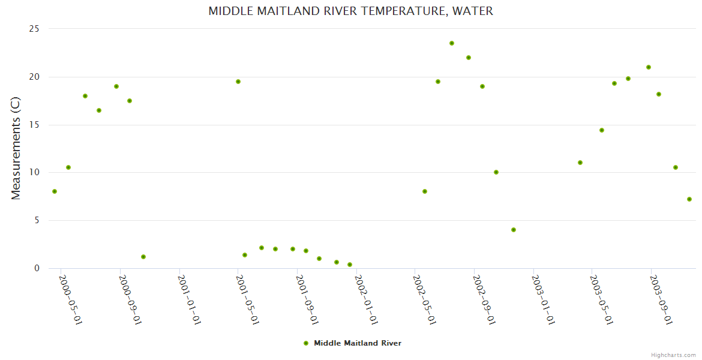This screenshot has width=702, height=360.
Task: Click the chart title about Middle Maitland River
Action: pos(350,11)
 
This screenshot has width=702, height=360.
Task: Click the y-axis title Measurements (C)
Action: pos(16,148)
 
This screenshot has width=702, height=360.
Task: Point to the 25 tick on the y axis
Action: pos(35,29)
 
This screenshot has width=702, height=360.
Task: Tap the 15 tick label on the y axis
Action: pos(35,125)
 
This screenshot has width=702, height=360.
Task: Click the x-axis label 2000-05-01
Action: pos(70,299)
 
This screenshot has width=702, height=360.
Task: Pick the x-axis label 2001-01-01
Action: pos(189,299)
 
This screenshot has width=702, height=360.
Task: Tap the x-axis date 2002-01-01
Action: pos(366,299)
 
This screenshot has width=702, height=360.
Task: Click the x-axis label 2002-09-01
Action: pos(484,299)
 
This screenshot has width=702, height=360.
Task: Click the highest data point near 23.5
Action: pos(452,43)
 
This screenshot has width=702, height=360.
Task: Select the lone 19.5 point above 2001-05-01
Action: pos(238,82)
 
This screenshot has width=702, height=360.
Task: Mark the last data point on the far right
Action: pos(689,199)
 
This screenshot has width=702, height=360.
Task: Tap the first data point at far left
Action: pos(55,191)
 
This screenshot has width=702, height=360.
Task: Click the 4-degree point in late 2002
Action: pos(514,230)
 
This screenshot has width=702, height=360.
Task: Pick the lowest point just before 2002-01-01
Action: pos(350,265)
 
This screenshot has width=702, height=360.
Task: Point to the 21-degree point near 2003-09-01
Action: pos(649,67)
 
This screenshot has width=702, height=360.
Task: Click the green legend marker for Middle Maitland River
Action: pos(306,343)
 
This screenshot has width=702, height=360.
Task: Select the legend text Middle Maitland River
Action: pos(358,343)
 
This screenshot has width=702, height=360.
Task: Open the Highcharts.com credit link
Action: pos(673,355)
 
